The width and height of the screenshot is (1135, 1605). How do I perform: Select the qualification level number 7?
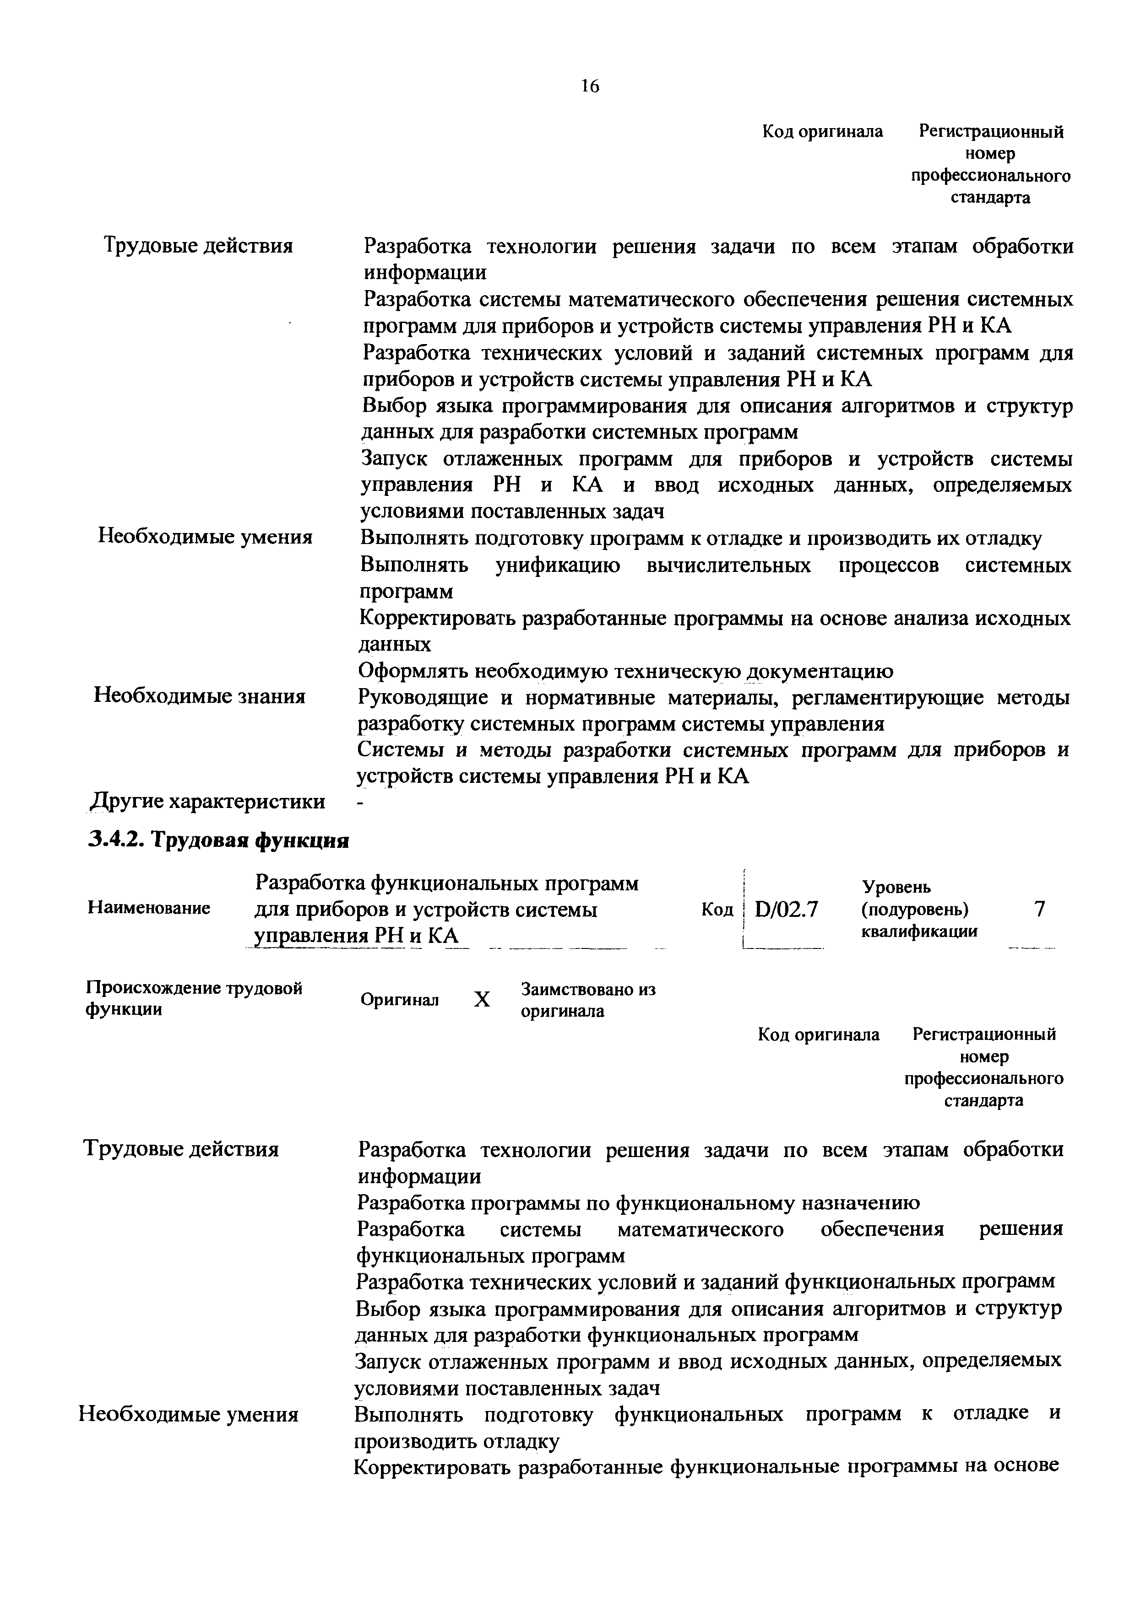[1039, 909]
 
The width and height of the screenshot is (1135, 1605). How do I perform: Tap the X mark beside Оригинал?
[482, 1000]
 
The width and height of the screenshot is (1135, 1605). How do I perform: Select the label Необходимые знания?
[200, 696]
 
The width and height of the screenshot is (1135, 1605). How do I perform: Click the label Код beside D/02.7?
[717, 910]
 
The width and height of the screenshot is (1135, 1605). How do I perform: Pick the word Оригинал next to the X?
[399, 1000]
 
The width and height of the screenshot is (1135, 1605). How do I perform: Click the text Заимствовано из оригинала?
[588, 1000]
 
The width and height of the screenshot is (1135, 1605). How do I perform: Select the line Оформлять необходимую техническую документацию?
[625, 671]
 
